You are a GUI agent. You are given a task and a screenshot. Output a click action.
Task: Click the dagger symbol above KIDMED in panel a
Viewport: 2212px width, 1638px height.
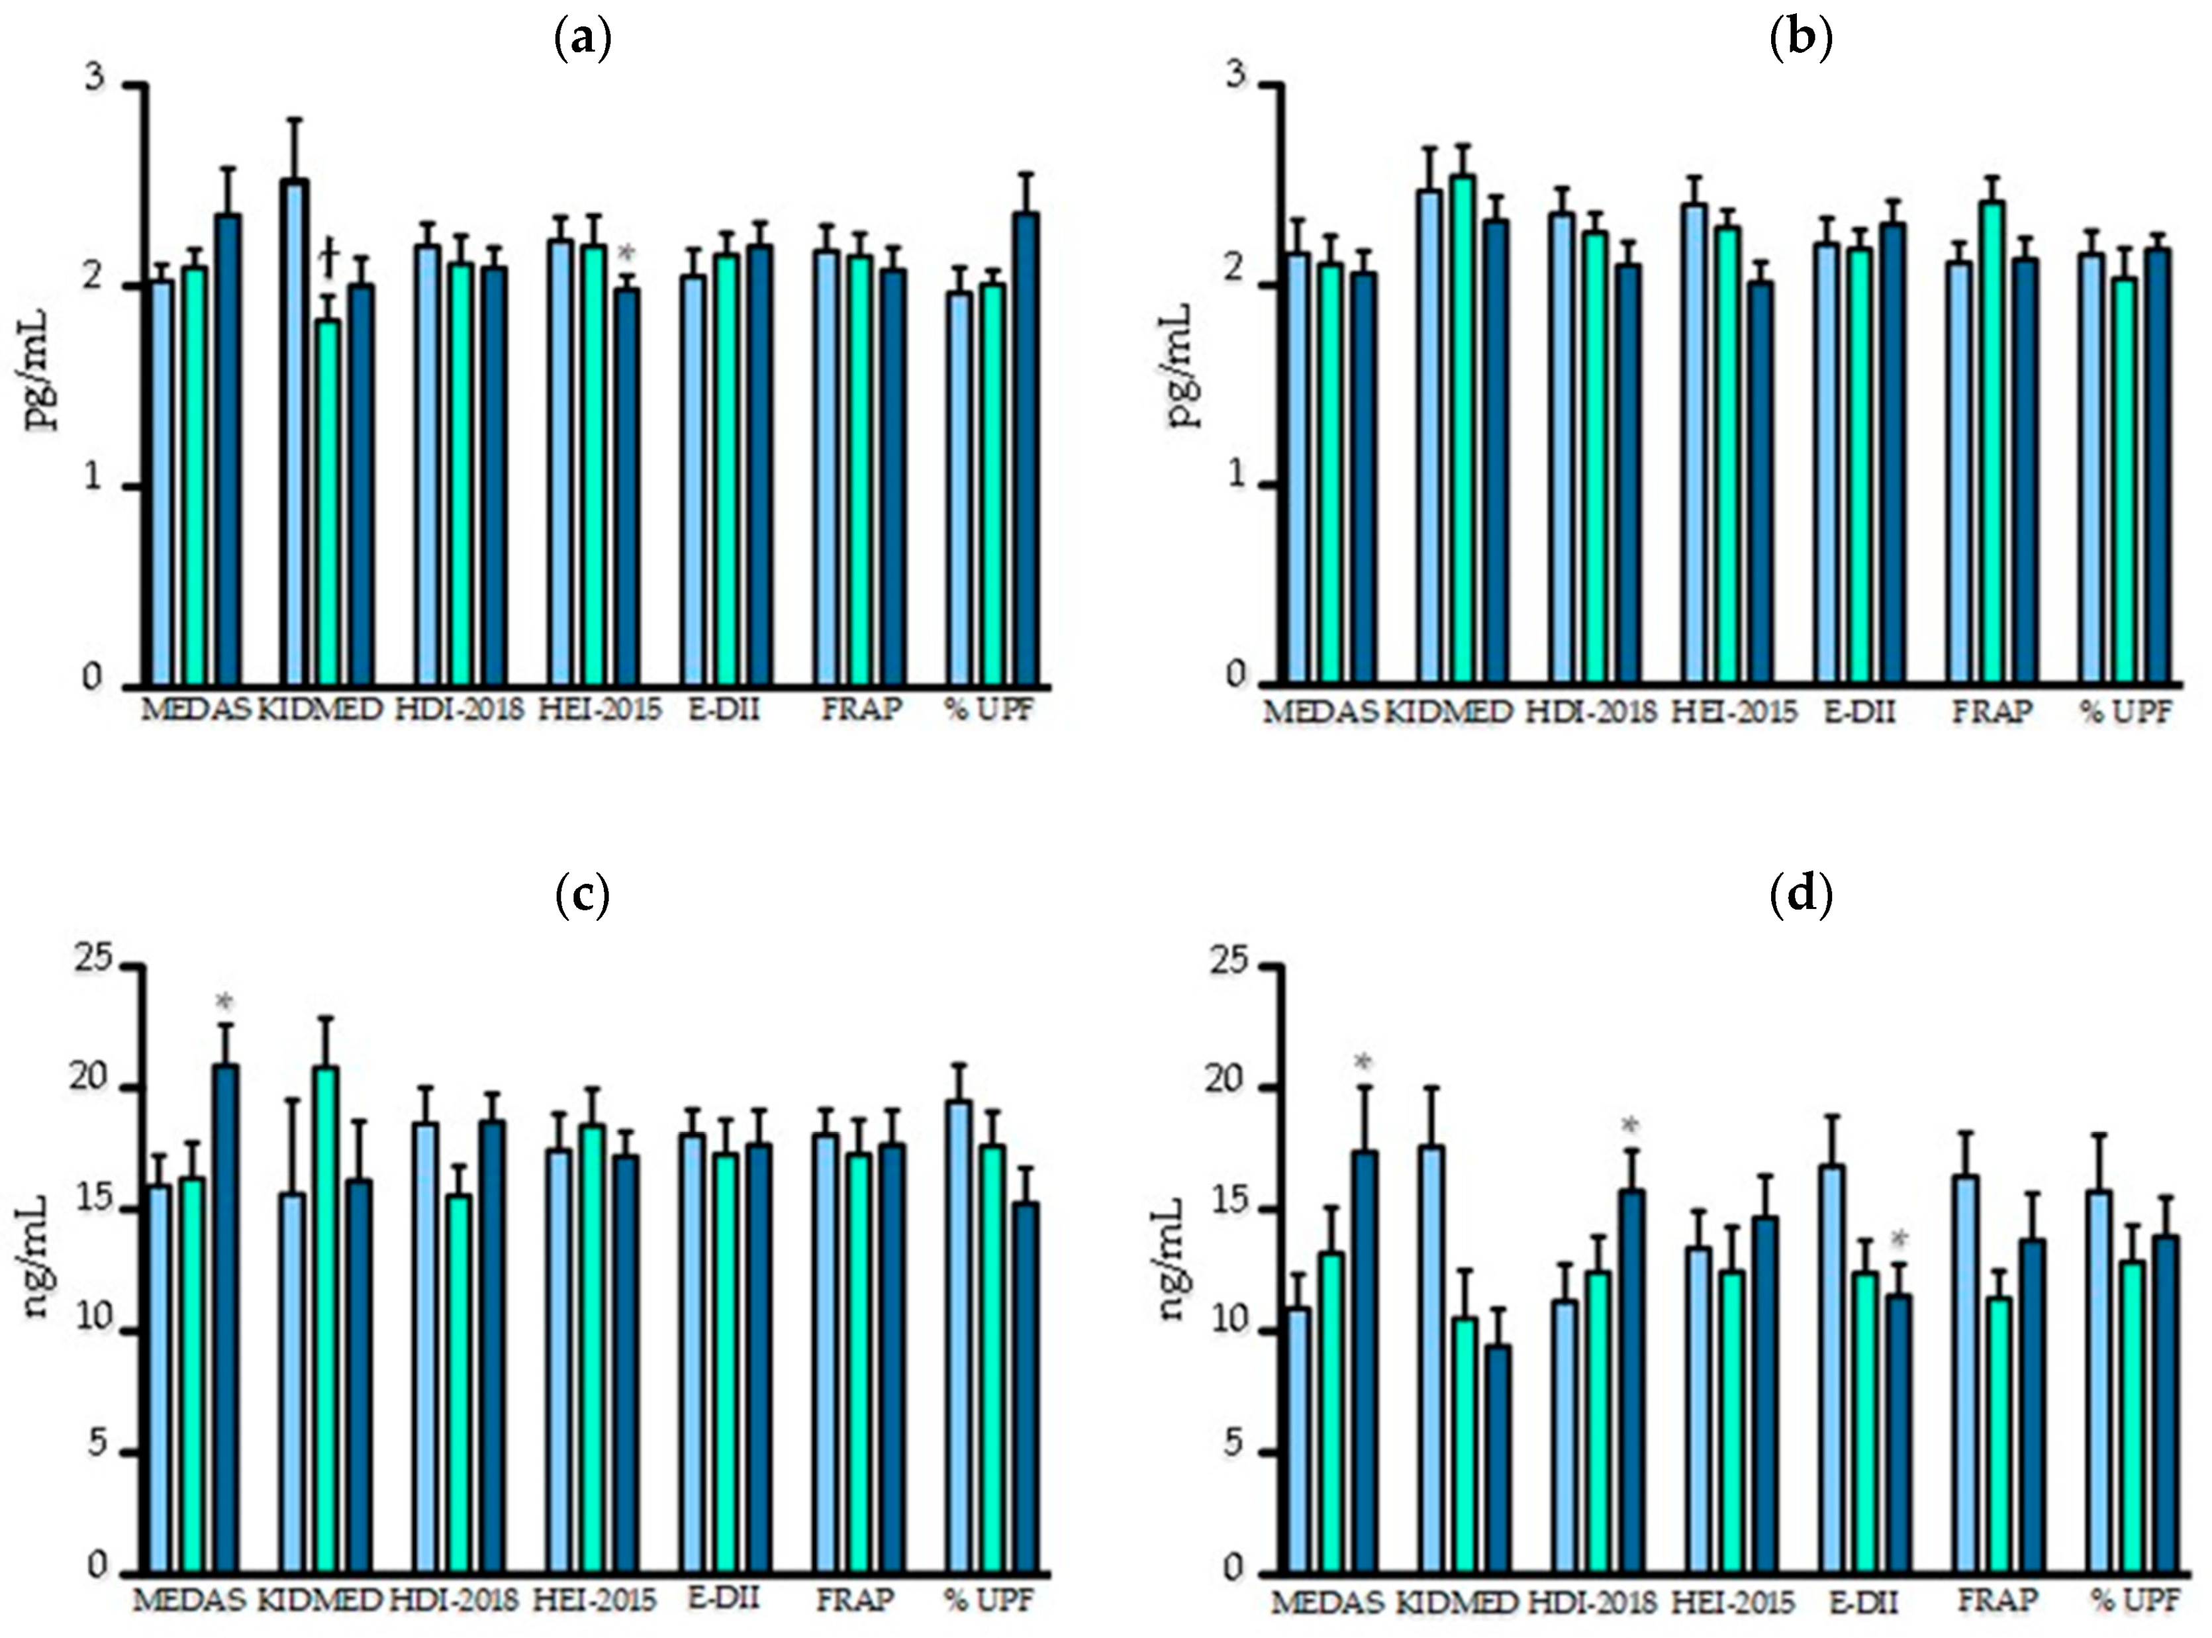(329, 260)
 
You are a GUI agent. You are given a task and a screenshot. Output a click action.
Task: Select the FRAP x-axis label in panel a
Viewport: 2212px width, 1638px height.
(861, 710)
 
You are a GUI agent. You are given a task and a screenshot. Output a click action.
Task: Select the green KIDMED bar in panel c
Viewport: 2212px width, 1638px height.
(327, 1319)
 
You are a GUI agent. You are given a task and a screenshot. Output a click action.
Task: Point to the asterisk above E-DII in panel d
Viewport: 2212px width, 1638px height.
(1898, 1240)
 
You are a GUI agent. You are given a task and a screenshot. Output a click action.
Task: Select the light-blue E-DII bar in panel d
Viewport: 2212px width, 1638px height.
(1832, 1369)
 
